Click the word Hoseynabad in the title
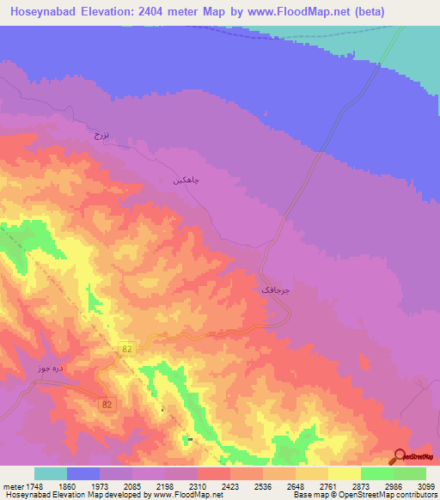43,12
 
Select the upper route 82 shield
126,348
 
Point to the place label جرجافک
276,291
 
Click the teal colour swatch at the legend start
51,473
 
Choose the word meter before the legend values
10,485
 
